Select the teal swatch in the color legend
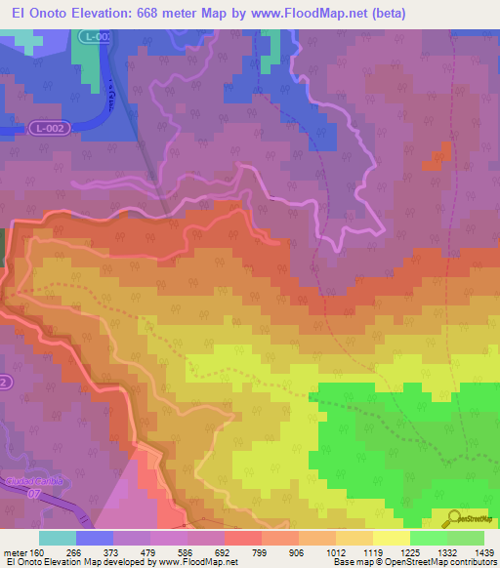(x=57, y=537)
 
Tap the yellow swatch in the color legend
(x=391, y=537)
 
